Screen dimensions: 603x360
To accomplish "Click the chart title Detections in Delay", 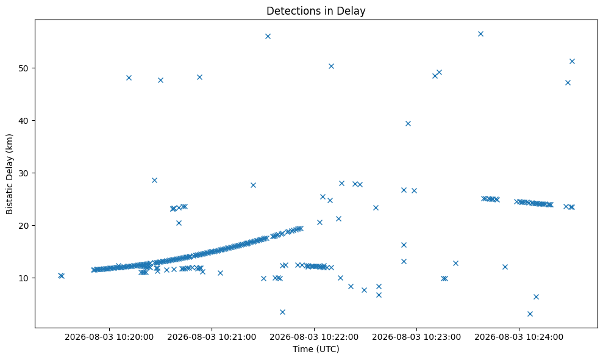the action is pos(316,11).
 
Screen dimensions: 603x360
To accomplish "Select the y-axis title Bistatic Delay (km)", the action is pos(9,174).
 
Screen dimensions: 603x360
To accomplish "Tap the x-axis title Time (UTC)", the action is pos(316,349).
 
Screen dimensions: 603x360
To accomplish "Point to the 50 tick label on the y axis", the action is pos(24,68).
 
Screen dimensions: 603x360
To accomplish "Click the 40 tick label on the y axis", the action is pos(24,121).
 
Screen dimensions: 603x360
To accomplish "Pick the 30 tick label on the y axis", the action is pos(24,173).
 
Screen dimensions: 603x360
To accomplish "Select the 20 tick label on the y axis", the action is pos(24,225).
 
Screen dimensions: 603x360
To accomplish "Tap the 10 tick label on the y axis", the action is pos(24,278).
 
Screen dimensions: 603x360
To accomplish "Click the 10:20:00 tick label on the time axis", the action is pos(109,337).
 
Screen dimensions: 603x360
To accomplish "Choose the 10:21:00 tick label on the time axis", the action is pos(212,337).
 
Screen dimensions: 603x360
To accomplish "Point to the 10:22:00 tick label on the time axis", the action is pos(314,337).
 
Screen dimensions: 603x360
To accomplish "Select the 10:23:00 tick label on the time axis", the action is pos(416,337).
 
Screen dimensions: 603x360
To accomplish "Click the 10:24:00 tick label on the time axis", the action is pos(519,337).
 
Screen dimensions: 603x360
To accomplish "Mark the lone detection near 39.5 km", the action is pos(408,124).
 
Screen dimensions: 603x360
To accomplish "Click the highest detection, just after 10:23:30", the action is pos(480,34).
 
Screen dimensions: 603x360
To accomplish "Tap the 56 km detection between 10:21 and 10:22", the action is pos(268,36).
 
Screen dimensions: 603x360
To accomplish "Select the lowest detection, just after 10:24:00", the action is pos(530,314).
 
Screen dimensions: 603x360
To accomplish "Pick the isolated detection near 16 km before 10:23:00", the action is pos(404,245).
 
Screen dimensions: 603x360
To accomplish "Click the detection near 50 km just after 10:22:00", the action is pos(331,67).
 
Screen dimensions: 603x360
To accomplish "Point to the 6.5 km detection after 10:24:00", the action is pos(536,297).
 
